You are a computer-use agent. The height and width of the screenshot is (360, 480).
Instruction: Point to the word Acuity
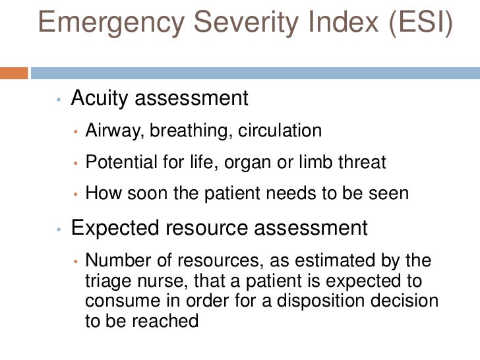100,99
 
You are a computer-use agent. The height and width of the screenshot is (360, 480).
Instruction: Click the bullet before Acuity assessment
59,101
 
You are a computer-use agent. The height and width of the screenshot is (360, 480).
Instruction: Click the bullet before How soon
76,195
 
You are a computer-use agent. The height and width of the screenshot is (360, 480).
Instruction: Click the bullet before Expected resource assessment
59,230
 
